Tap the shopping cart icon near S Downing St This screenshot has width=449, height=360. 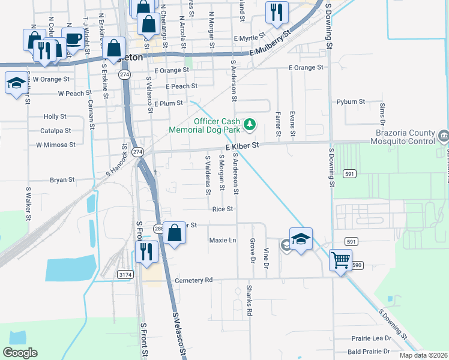click(340, 260)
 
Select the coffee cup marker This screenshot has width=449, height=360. click(73, 39)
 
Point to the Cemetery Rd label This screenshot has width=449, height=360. click(194, 280)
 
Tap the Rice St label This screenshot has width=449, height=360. click(222, 209)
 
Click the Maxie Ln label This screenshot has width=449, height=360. click(223, 240)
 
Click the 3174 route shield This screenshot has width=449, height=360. click(125, 275)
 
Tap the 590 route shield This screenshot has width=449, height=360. click(358, 264)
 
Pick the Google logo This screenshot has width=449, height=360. click(20, 353)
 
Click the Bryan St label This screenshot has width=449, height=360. click(62, 179)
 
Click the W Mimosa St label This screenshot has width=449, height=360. click(56, 145)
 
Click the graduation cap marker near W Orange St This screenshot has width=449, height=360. click(16, 83)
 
